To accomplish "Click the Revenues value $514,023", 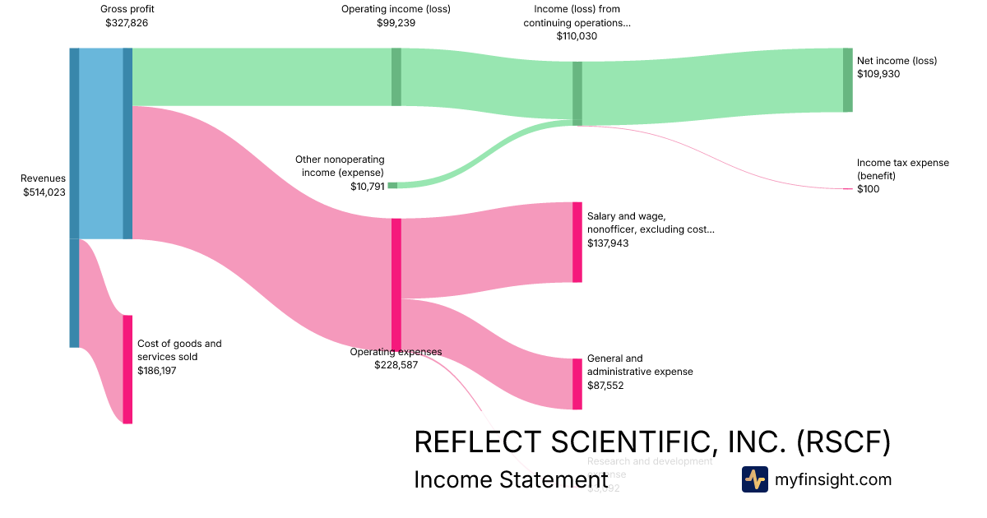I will tap(44, 192).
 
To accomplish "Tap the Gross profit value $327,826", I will tap(127, 23).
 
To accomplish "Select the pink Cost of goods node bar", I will tap(127, 369).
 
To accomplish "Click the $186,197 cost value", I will tap(157, 371).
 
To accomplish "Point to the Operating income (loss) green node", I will tap(396, 76).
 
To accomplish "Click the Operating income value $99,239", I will tap(396, 23).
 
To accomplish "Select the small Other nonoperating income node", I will tap(392, 186).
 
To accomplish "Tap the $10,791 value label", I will tap(367, 187).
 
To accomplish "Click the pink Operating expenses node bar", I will tap(396, 284).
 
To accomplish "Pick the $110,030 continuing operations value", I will tap(577, 36).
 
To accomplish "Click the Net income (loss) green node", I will tap(848, 80).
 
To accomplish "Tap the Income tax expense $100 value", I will tap(868, 189).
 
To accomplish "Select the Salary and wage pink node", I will tap(577, 242).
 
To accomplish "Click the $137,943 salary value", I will tap(608, 243).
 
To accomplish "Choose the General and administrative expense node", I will tap(577, 384).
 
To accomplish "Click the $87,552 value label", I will tap(605, 385).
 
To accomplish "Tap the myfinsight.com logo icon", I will tap(754, 479).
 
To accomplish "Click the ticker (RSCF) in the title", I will tap(843, 442).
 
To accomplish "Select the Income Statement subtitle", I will tap(510, 479).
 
